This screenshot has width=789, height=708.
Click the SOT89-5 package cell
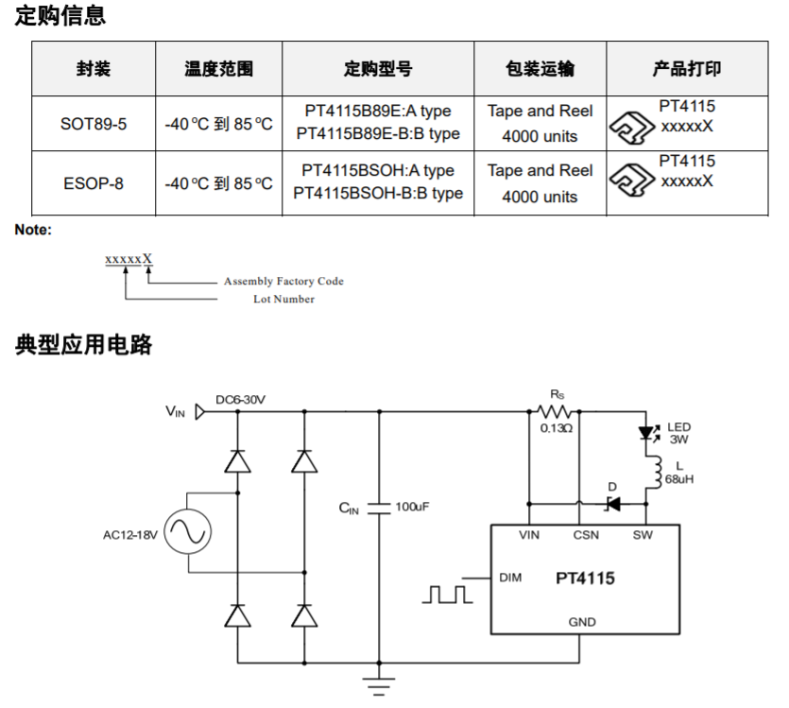93,124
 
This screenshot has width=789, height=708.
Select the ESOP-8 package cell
93,183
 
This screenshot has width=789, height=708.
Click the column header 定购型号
377,69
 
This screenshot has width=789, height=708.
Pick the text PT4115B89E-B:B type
378,134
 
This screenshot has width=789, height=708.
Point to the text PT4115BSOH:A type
378,171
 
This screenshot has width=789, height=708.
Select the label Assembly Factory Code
283,282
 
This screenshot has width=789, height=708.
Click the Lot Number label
283,300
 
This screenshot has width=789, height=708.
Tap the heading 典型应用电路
84,344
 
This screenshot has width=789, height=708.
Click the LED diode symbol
648,434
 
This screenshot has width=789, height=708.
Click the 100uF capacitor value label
413,508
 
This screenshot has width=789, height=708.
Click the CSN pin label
586,535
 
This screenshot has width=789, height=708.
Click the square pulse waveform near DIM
448,594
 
